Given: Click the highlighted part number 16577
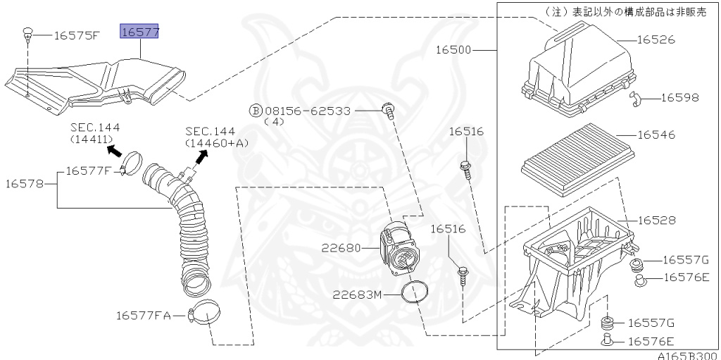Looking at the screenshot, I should (139, 32).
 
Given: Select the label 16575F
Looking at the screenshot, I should (77, 35).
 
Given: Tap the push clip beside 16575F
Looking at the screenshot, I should (28, 32).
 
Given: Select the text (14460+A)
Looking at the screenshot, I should (217, 143).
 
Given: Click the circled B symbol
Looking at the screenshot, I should (256, 111).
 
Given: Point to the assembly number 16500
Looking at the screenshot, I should (453, 50).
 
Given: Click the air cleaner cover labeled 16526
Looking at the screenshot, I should (577, 70).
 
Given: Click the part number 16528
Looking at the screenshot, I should (656, 221).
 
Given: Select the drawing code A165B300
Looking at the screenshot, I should (688, 356).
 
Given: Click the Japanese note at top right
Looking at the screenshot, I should (626, 12).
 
